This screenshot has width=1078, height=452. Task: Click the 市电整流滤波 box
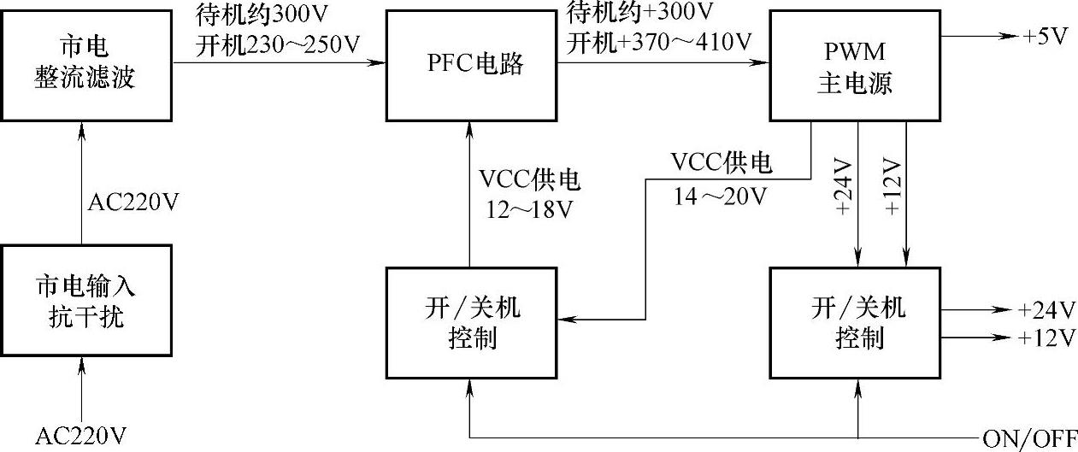pos(86,65)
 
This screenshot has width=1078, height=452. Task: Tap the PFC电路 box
pos(472,65)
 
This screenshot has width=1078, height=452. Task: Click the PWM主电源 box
pos(855,65)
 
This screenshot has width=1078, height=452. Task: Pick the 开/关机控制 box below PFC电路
pos(472,322)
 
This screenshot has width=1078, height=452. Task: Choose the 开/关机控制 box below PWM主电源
pos(855,322)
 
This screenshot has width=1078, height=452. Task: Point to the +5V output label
pos(1046,38)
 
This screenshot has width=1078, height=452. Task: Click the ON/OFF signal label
pos(1029,439)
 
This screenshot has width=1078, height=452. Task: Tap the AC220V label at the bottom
pos(81,437)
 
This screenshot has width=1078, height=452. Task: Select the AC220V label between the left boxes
pos(135,203)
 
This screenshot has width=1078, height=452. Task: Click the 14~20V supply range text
pos(720,196)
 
